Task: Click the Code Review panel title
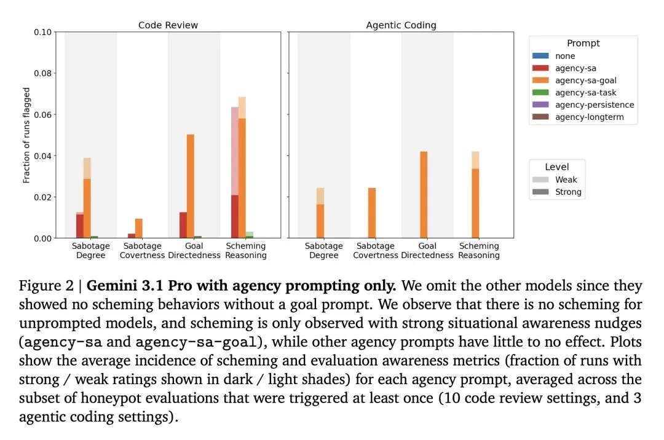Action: (x=168, y=25)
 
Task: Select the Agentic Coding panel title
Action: (x=401, y=25)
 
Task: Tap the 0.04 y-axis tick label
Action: (x=43, y=155)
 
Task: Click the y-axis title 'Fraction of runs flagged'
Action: (x=26, y=135)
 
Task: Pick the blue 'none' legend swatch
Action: (x=540, y=56)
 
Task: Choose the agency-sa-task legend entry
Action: (x=574, y=93)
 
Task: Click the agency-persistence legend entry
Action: (x=583, y=105)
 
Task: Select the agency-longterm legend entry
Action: (x=578, y=117)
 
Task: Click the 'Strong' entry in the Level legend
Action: (x=557, y=192)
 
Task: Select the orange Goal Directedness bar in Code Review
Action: (x=191, y=186)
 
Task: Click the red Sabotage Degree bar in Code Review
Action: (x=79, y=225)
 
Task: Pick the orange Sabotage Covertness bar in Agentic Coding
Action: (x=372, y=213)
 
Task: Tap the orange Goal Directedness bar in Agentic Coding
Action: (x=424, y=195)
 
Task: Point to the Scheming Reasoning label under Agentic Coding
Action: (x=479, y=251)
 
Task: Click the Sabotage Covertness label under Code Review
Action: (x=142, y=251)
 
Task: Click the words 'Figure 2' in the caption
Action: (x=46, y=286)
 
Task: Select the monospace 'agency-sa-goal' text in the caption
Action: (x=196, y=342)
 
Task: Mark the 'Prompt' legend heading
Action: (x=583, y=43)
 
